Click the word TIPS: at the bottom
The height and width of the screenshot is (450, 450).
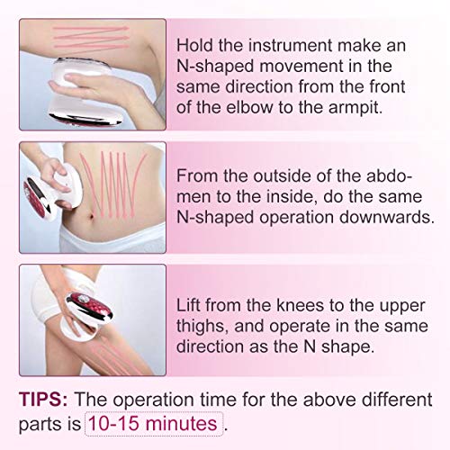[43, 400]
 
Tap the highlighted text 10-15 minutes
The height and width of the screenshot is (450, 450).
[153, 424]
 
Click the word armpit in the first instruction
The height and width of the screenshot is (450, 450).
[355, 107]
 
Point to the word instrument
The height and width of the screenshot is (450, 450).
[291, 46]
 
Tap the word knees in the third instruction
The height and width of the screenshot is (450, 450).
[300, 305]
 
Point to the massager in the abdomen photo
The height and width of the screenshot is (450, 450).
[48, 192]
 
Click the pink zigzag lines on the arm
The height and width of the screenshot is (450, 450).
[91, 38]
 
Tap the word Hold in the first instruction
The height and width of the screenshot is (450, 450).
[195, 46]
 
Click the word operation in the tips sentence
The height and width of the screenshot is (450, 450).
[154, 400]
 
